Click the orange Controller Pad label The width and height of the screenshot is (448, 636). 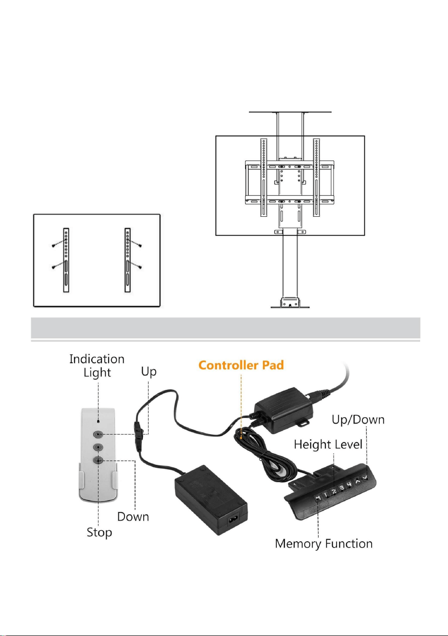[x=241, y=365]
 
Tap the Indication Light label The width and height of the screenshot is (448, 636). [x=97, y=366]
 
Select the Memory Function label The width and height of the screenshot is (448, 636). [x=324, y=543]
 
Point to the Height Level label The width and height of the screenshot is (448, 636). [x=328, y=444]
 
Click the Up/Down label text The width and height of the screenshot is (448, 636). [x=358, y=420]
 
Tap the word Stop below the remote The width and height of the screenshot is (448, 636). [x=100, y=532]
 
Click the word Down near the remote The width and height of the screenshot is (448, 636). [x=133, y=516]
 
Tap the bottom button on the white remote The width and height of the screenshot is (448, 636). [x=98, y=460]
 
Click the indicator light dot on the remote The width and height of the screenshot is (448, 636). [x=98, y=422]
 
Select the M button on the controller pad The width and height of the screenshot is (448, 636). [x=318, y=498]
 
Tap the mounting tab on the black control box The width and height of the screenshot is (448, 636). [x=303, y=423]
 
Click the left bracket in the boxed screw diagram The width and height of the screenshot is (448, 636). [x=66, y=260]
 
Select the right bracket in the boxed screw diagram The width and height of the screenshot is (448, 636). [x=128, y=260]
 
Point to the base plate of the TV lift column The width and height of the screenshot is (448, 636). [x=290, y=307]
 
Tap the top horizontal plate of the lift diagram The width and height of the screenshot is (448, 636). [x=290, y=112]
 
